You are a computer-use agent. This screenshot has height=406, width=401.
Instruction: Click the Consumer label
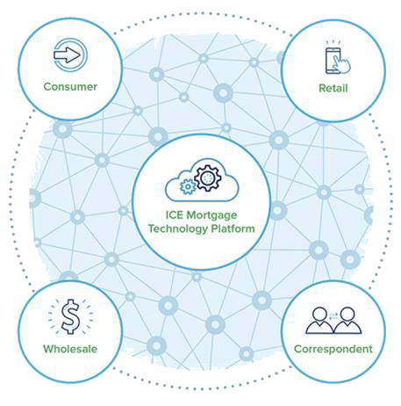pos(70,87)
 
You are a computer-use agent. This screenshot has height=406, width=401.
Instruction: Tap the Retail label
pos(333,88)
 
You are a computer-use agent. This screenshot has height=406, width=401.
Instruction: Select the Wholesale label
pos(70,349)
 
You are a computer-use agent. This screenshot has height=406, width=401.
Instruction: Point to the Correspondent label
pos(333,349)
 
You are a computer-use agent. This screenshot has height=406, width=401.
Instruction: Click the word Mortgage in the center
pos(211,215)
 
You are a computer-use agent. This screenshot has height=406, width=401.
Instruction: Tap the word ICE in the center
pos(175,214)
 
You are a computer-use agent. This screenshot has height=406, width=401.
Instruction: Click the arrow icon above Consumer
pos(68,54)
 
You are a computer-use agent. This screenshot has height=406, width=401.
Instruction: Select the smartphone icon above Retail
pos(333,61)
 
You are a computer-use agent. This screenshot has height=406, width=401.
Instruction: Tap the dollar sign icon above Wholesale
pos(70,316)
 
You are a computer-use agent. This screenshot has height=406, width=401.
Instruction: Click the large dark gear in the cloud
pos(208,178)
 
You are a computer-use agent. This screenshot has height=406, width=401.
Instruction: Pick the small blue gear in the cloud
pos(188,186)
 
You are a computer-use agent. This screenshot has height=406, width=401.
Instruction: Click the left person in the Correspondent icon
pos(319,321)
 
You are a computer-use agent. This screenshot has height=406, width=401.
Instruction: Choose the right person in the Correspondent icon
pos(347,321)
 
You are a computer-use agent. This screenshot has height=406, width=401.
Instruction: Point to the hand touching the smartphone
pos(341,64)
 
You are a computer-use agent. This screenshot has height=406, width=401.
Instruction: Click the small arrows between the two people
pos(333,316)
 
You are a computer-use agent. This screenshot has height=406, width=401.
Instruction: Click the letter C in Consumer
pos(47,87)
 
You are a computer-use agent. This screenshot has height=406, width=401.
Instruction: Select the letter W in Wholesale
pos(49,349)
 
